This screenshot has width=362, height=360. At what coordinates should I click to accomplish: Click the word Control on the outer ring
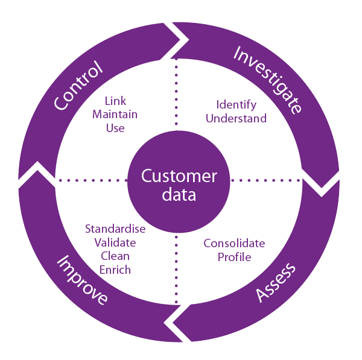click(78, 86)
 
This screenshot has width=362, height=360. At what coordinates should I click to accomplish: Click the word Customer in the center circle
click(179, 176)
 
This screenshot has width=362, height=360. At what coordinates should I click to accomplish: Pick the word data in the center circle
click(179, 195)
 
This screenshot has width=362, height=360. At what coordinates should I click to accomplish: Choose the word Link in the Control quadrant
click(115, 101)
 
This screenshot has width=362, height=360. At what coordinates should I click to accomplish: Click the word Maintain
click(115, 114)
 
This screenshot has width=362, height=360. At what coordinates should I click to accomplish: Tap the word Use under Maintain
click(115, 127)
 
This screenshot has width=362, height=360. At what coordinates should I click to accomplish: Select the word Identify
click(236, 105)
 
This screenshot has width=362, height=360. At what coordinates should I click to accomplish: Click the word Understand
click(236, 118)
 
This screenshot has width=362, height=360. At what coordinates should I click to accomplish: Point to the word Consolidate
click(234, 244)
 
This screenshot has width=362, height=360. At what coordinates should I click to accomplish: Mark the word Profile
click(234, 257)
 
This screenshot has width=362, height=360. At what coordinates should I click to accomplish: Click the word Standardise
click(115, 229)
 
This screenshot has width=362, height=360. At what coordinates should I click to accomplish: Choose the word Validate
click(115, 242)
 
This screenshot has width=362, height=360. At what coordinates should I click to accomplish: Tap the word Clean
click(115, 256)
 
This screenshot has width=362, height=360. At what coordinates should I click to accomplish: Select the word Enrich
click(115, 270)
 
